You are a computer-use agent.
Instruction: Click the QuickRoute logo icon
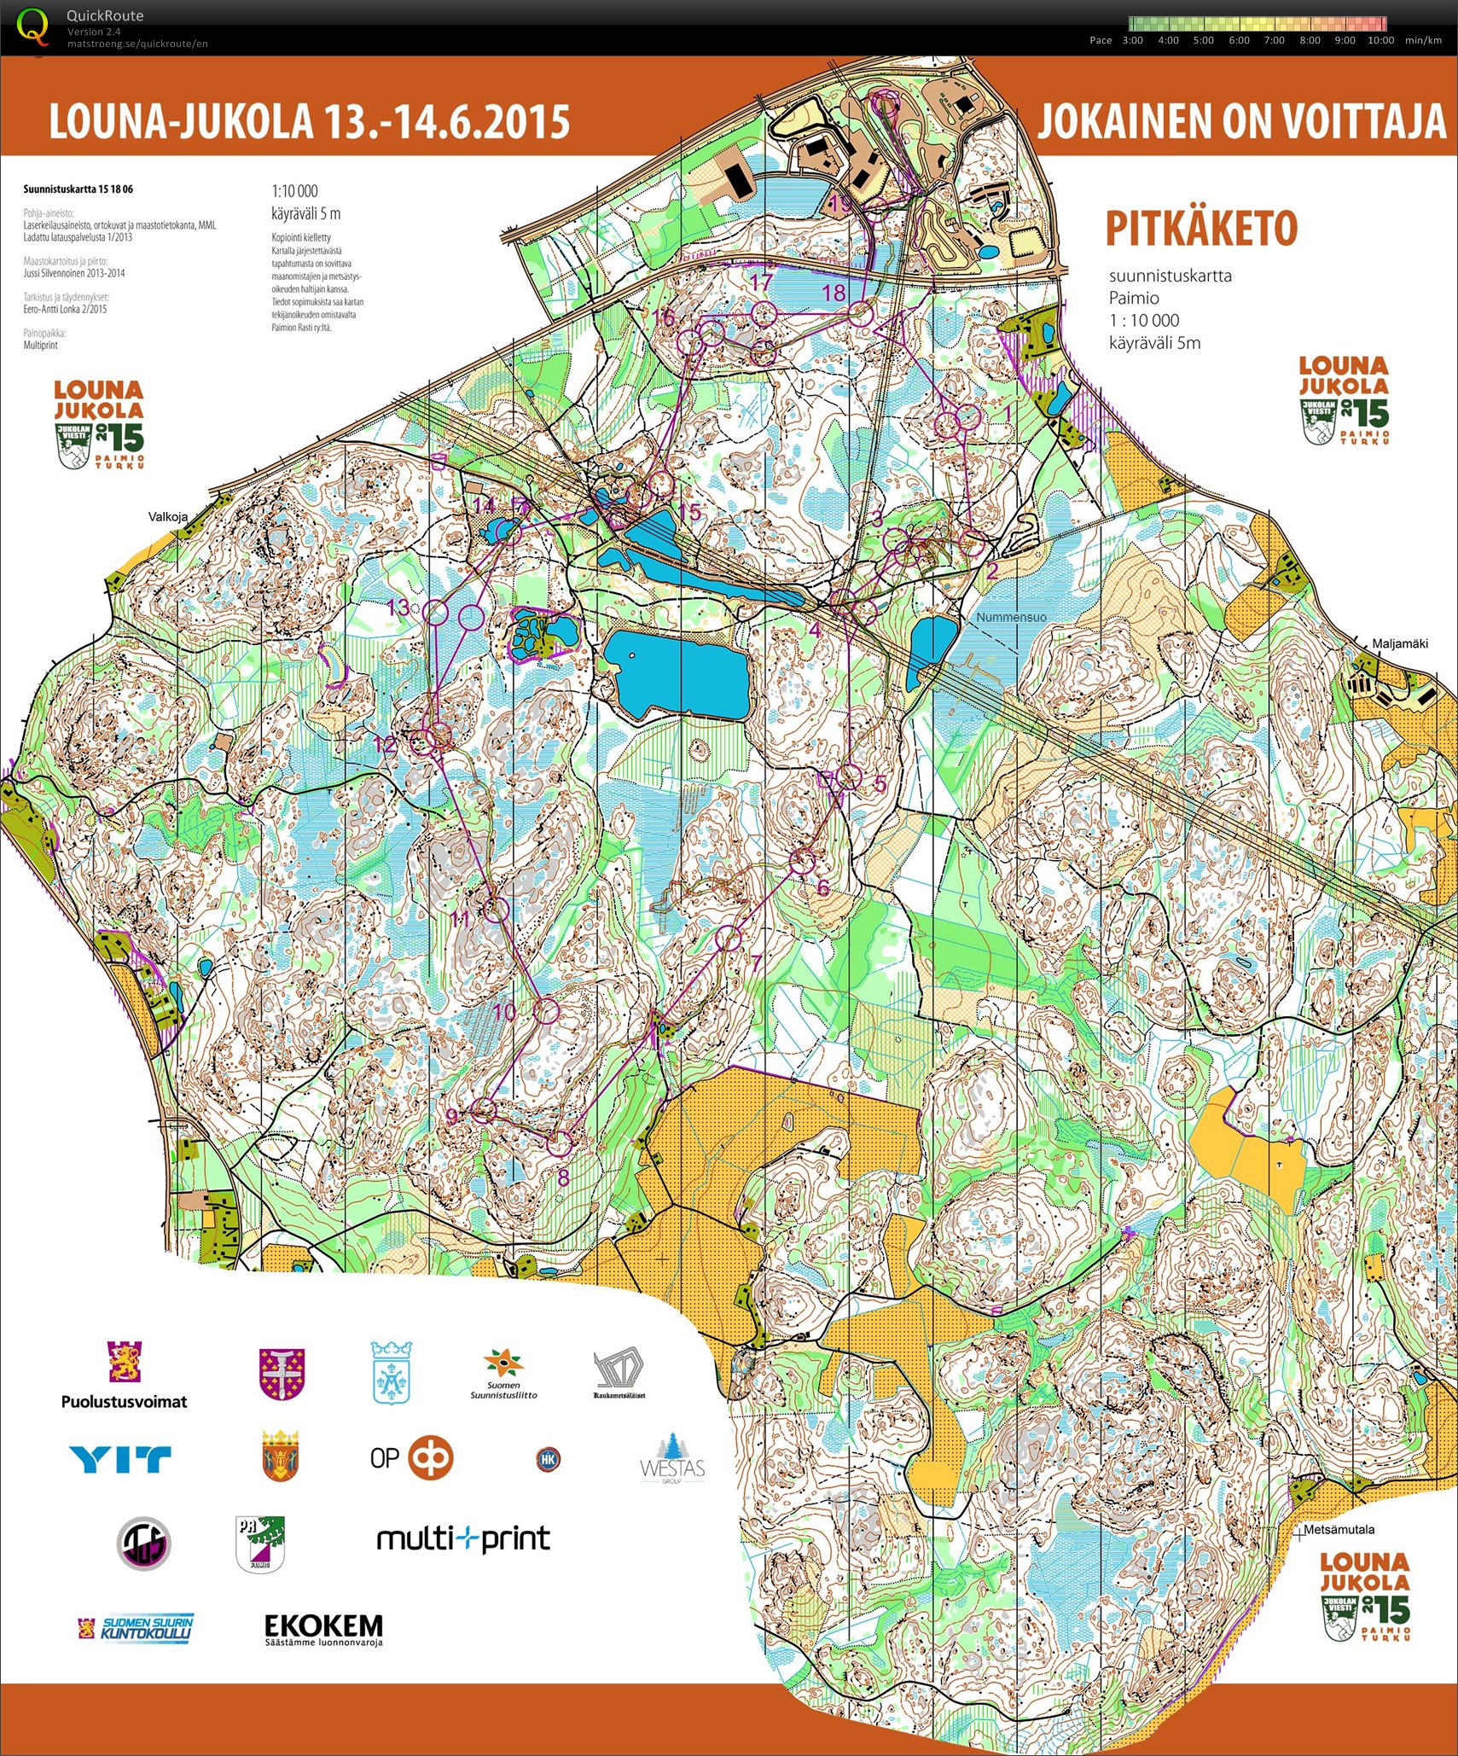[x=34, y=26]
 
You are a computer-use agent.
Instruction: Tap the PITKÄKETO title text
[x=1200, y=228]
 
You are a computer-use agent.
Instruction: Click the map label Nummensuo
[x=1011, y=617]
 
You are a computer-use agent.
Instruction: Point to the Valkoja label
[x=167, y=516]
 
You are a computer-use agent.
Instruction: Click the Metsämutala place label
[x=1339, y=1530]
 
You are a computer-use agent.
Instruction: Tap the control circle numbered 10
[x=546, y=1011]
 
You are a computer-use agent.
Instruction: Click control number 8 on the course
[x=559, y=1143]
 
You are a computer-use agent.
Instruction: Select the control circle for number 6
[x=802, y=862]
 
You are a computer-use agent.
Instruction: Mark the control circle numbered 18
[x=863, y=313]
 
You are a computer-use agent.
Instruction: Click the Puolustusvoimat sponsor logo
[x=124, y=1375]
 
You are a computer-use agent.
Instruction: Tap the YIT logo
[x=120, y=1459]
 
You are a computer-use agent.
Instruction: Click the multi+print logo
[x=463, y=1539]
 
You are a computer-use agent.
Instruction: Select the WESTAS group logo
[x=672, y=1458]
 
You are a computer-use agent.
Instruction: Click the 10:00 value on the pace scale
[x=1380, y=40]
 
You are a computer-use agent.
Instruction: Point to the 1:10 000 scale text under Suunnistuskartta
[x=294, y=191]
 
